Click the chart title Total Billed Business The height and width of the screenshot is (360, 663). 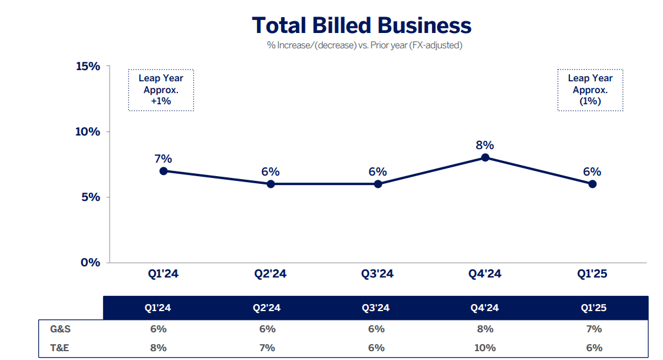[361, 25]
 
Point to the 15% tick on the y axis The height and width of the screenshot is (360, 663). [88, 66]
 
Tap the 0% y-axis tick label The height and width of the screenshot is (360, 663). [91, 262]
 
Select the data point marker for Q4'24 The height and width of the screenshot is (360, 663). [485, 157]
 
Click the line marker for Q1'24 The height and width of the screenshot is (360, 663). [163, 171]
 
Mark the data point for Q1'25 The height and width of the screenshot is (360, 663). [592, 184]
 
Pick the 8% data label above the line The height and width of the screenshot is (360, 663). [485, 145]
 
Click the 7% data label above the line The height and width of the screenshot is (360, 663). [163, 158]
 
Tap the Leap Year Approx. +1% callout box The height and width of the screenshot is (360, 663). [161, 90]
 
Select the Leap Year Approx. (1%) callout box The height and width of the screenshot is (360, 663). [590, 90]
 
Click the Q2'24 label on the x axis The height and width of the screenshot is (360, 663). [271, 273]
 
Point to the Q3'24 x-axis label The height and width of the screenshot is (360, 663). [378, 273]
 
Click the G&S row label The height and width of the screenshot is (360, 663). [60, 329]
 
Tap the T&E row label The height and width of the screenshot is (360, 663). [60, 348]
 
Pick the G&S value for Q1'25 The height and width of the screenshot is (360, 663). [593, 329]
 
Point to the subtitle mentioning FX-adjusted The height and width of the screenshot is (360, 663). [364, 45]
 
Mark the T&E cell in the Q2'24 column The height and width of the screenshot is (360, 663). [266, 348]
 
